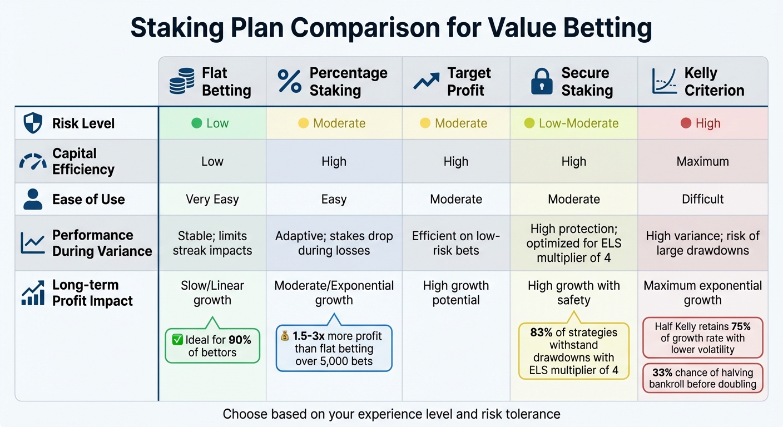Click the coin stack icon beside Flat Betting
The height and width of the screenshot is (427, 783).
tap(182, 81)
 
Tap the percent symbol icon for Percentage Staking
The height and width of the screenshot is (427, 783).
tap(289, 81)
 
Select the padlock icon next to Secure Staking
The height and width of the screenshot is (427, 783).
tap(542, 81)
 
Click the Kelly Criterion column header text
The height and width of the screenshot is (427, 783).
tap(714, 81)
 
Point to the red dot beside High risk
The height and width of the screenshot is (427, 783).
tap(686, 123)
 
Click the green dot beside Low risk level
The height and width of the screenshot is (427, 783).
tap(196, 123)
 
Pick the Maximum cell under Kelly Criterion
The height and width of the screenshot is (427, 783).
tap(702, 162)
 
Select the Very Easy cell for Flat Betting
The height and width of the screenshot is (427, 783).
tap(212, 200)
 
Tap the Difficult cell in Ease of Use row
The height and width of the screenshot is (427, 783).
tap(702, 200)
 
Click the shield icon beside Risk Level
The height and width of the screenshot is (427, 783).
tap(33, 123)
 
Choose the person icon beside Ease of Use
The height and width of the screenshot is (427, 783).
tap(33, 200)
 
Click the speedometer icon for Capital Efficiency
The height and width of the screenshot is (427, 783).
tap(33, 162)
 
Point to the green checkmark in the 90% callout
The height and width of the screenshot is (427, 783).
tap(178, 340)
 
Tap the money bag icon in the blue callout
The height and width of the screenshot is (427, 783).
tap(284, 336)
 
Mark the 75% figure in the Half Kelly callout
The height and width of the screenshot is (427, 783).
tap(743, 326)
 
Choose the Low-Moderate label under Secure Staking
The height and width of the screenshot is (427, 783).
tap(578, 123)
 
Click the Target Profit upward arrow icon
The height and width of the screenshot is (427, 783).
tap(427, 81)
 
